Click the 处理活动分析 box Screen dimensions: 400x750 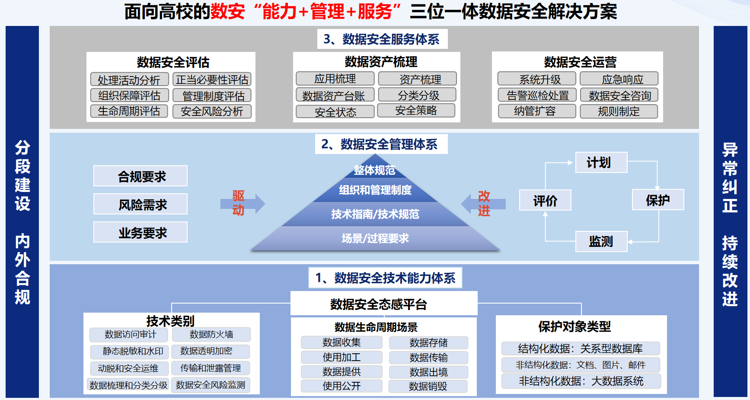(129, 80)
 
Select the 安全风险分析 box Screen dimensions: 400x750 (212, 111)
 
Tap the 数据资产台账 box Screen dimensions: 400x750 (333, 96)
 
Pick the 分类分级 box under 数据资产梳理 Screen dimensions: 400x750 (417, 95)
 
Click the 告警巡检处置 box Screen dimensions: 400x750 (537, 95)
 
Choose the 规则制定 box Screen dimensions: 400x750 (619, 111)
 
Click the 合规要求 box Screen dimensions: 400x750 (140, 176)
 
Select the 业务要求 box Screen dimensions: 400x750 (140, 233)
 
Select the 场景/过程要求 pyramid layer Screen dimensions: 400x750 (375, 238)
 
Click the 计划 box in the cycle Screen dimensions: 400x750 (601, 163)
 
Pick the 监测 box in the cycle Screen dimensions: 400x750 (601, 241)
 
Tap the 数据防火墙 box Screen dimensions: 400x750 (211, 334)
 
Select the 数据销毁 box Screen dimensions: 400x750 (428, 386)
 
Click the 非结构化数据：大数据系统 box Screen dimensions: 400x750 (581, 381)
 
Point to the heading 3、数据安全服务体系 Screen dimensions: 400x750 (382, 39)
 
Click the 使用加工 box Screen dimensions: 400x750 (341, 357)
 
